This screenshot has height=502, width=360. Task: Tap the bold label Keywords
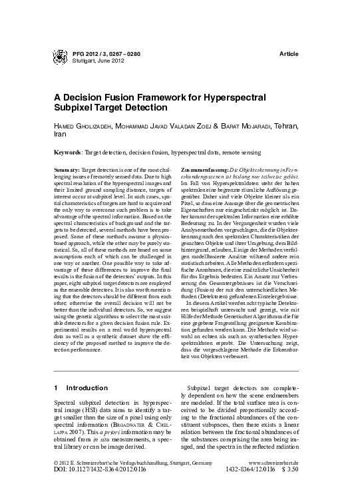[69, 152]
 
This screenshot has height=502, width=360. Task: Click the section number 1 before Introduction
[56, 387]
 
